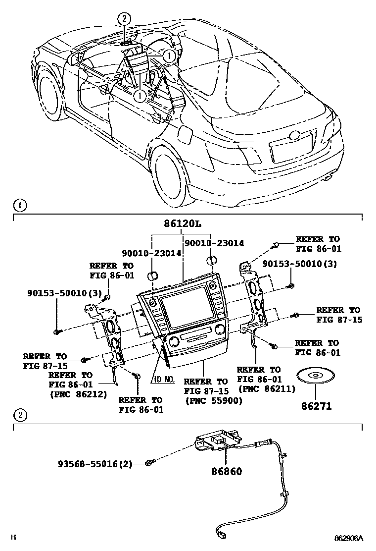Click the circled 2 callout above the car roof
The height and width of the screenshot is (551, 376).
click(124, 19)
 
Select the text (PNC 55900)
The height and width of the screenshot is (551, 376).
click(214, 401)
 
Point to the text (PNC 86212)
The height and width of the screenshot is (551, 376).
click(78, 394)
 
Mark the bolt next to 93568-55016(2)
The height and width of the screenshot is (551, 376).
click(148, 463)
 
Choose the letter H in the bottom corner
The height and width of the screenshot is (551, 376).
click(14, 538)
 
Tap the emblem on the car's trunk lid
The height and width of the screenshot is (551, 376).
click(295, 135)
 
